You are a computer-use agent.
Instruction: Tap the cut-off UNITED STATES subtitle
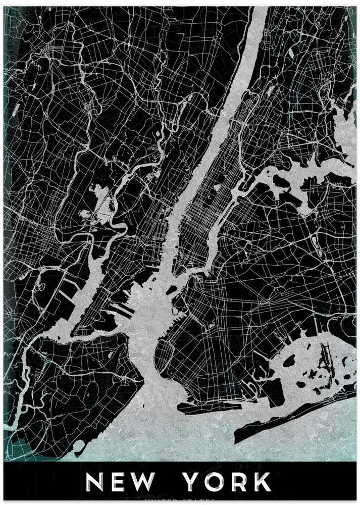point(180,501)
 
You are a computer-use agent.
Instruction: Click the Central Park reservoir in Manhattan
point(218,187)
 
